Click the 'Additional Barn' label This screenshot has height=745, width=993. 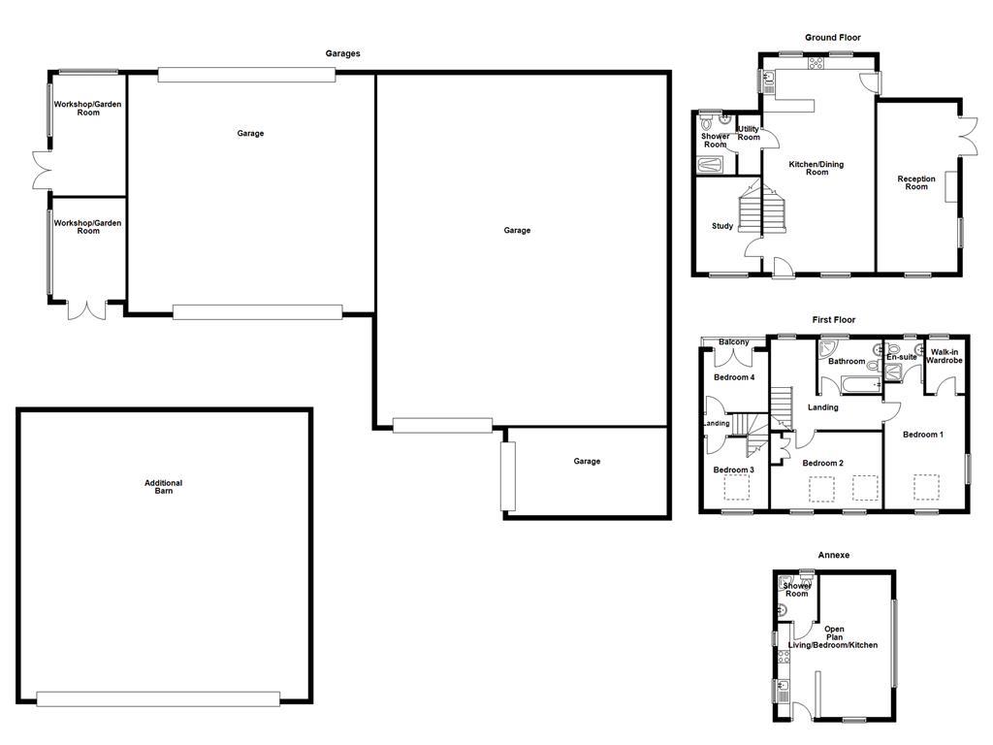click(163, 487)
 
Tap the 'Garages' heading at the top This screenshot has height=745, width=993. click(342, 54)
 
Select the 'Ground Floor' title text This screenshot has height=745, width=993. click(832, 38)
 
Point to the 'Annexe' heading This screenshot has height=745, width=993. click(833, 555)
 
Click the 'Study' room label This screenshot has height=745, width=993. click(722, 226)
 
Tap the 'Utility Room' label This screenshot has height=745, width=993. click(749, 133)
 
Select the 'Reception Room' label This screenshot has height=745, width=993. click(916, 182)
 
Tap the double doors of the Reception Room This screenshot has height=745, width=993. click(966, 136)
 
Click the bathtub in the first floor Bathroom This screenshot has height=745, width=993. click(853, 386)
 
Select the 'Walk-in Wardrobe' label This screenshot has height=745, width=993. click(944, 356)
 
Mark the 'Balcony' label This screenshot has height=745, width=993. click(734, 342)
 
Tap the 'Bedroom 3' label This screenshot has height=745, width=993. click(733, 470)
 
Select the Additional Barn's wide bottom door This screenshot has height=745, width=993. click(158, 698)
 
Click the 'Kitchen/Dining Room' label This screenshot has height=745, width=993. click(816, 168)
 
